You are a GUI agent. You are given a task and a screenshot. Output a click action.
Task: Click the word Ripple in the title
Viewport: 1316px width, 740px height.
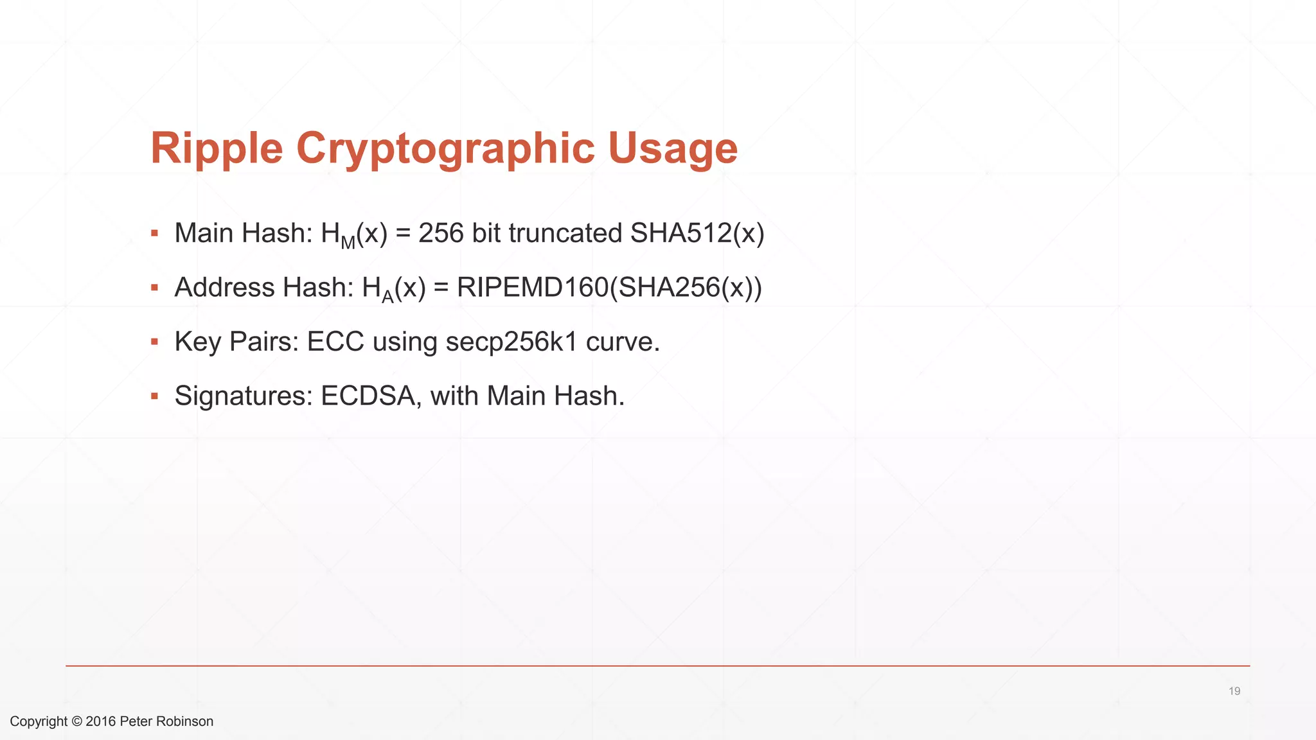click(217, 148)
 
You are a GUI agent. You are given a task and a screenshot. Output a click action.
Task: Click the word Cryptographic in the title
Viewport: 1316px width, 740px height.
click(445, 148)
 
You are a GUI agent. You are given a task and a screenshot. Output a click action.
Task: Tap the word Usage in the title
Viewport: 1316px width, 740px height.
click(673, 148)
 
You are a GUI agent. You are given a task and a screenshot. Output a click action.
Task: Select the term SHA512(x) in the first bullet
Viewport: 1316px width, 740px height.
click(697, 233)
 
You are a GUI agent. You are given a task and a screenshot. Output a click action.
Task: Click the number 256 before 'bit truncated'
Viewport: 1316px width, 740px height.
click(441, 233)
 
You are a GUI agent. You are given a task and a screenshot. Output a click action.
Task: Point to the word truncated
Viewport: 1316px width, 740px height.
click(565, 233)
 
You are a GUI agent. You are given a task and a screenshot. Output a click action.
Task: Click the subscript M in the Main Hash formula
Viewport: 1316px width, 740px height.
click(348, 243)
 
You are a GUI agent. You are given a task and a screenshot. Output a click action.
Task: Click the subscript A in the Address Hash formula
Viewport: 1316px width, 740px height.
click(387, 297)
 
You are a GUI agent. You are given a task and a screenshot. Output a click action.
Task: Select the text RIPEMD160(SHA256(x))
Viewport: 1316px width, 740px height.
click(609, 287)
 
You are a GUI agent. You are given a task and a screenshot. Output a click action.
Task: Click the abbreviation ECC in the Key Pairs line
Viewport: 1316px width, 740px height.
click(335, 342)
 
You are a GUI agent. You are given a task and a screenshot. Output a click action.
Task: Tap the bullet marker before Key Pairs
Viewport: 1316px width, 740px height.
click(154, 342)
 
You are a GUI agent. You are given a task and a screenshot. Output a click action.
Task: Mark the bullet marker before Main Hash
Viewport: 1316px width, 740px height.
click(154, 233)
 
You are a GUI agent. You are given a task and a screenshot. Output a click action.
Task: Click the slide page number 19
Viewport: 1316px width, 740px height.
click(1234, 691)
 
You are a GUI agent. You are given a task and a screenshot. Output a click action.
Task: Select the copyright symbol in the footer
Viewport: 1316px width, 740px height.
click(76, 721)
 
